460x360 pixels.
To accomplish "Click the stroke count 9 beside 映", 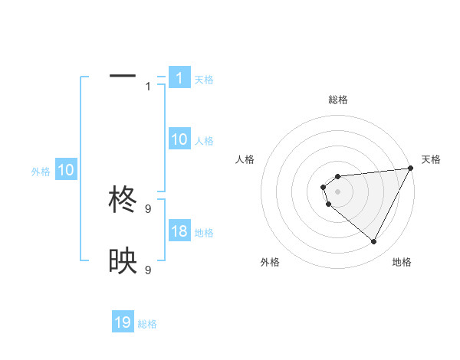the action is [148, 270].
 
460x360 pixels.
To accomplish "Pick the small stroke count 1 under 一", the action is [148, 87].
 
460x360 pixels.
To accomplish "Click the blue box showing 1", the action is [179, 78].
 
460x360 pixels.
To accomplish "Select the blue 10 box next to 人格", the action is [179, 139].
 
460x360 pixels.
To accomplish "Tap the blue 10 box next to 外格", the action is [66, 171].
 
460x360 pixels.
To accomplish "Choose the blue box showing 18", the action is [179, 231].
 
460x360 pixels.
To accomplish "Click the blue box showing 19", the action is [123, 322].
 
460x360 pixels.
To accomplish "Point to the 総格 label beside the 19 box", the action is [147, 324].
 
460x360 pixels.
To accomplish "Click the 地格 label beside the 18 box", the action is [204, 233].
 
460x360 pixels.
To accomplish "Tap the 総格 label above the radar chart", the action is [338, 100].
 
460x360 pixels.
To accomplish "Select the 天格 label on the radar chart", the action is [431, 159].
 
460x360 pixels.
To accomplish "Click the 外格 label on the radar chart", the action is [270, 262].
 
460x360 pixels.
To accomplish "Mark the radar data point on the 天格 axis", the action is [411, 168].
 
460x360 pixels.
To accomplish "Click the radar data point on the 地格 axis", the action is [374, 242].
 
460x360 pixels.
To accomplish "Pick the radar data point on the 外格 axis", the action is [328, 205].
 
